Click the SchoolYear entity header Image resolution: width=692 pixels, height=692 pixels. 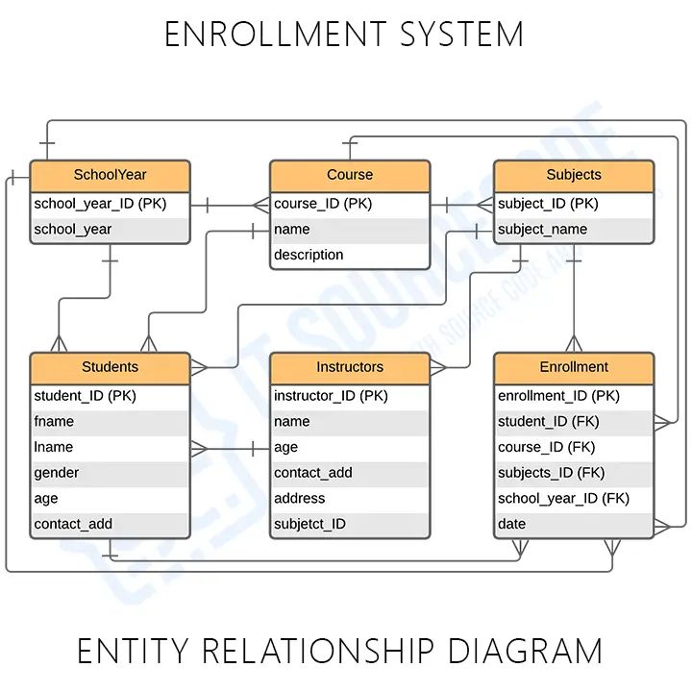tap(110, 175)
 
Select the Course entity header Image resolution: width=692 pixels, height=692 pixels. tap(350, 175)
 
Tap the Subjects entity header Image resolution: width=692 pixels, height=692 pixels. tap(574, 175)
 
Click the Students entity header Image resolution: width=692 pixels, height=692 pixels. tap(110, 367)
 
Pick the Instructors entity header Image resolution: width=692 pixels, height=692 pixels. tap(350, 367)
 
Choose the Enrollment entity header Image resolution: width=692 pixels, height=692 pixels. tap(574, 367)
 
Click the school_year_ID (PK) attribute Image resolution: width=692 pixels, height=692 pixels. tap(100, 204)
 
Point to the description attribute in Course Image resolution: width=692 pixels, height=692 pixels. tap(309, 255)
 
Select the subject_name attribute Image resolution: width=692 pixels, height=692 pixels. tap(542, 230)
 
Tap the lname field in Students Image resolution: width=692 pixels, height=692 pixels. tap(54, 447)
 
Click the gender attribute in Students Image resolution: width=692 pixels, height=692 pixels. tap(57, 473)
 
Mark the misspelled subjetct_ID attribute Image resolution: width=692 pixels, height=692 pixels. tap(309, 524)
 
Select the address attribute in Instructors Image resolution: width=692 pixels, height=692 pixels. tap(300, 498)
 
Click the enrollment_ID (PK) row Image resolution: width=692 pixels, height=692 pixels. tap(558, 396)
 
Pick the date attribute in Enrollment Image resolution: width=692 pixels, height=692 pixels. tap(512, 524)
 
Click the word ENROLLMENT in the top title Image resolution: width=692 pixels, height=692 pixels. tap(260, 36)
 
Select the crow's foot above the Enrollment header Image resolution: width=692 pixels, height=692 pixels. tap(574, 342)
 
